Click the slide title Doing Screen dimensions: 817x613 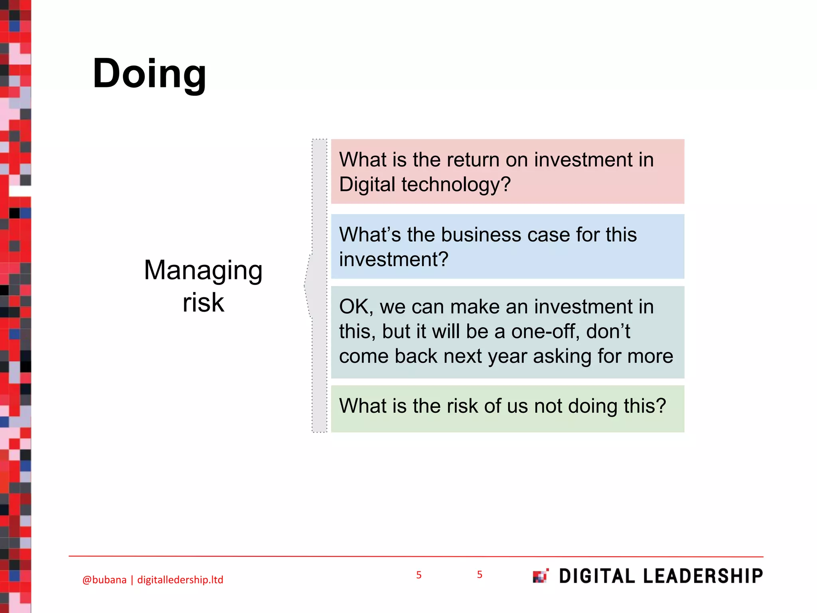tap(149, 74)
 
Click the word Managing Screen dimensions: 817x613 tap(203, 271)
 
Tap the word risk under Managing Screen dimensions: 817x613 tap(203, 303)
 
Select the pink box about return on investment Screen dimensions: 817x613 tap(507, 172)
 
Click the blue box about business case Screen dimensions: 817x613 tap(507, 246)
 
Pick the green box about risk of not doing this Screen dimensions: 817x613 tap(507, 409)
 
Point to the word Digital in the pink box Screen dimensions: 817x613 tap(367, 185)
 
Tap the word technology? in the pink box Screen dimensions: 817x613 tap(456, 185)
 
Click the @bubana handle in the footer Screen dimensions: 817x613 tap(104, 580)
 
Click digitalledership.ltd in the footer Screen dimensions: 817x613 tap(180, 580)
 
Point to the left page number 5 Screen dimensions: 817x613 tap(418, 575)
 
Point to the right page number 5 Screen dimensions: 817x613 tap(480, 575)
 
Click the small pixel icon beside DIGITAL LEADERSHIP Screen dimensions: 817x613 tap(541, 576)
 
